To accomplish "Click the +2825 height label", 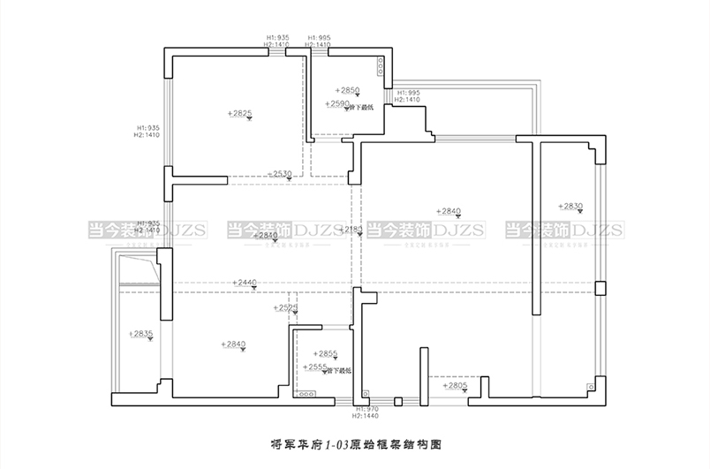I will pyautogui.click(x=239, y=113).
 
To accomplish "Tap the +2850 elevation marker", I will pyautogui.click(x=348, y=90).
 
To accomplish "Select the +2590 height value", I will pyautogui.click(x=337, y=104).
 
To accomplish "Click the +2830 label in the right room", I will pyautogui.click(x=570, y=206).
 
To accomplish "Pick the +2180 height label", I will pyautogui.click(x=351, y=229).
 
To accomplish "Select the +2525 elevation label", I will pyautogui.click(x=284, y=307).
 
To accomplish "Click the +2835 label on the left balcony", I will pyautogui.click(x=141, y=333).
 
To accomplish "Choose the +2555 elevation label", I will pyautogui.click(x=315, y=367).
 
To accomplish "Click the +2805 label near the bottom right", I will pyautogui.click(x=455, y=386).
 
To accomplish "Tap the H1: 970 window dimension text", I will pyautogui.click(x=366, y=409).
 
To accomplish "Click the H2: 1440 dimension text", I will pyautogui.click(x=366, y=415).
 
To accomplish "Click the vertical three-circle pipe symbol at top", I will pyautogui.click(x=381, y=69).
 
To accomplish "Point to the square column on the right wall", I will pyautogui.click(x=600, y=288).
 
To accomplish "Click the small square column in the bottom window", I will pyautogui.click(x=398, y=402).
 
